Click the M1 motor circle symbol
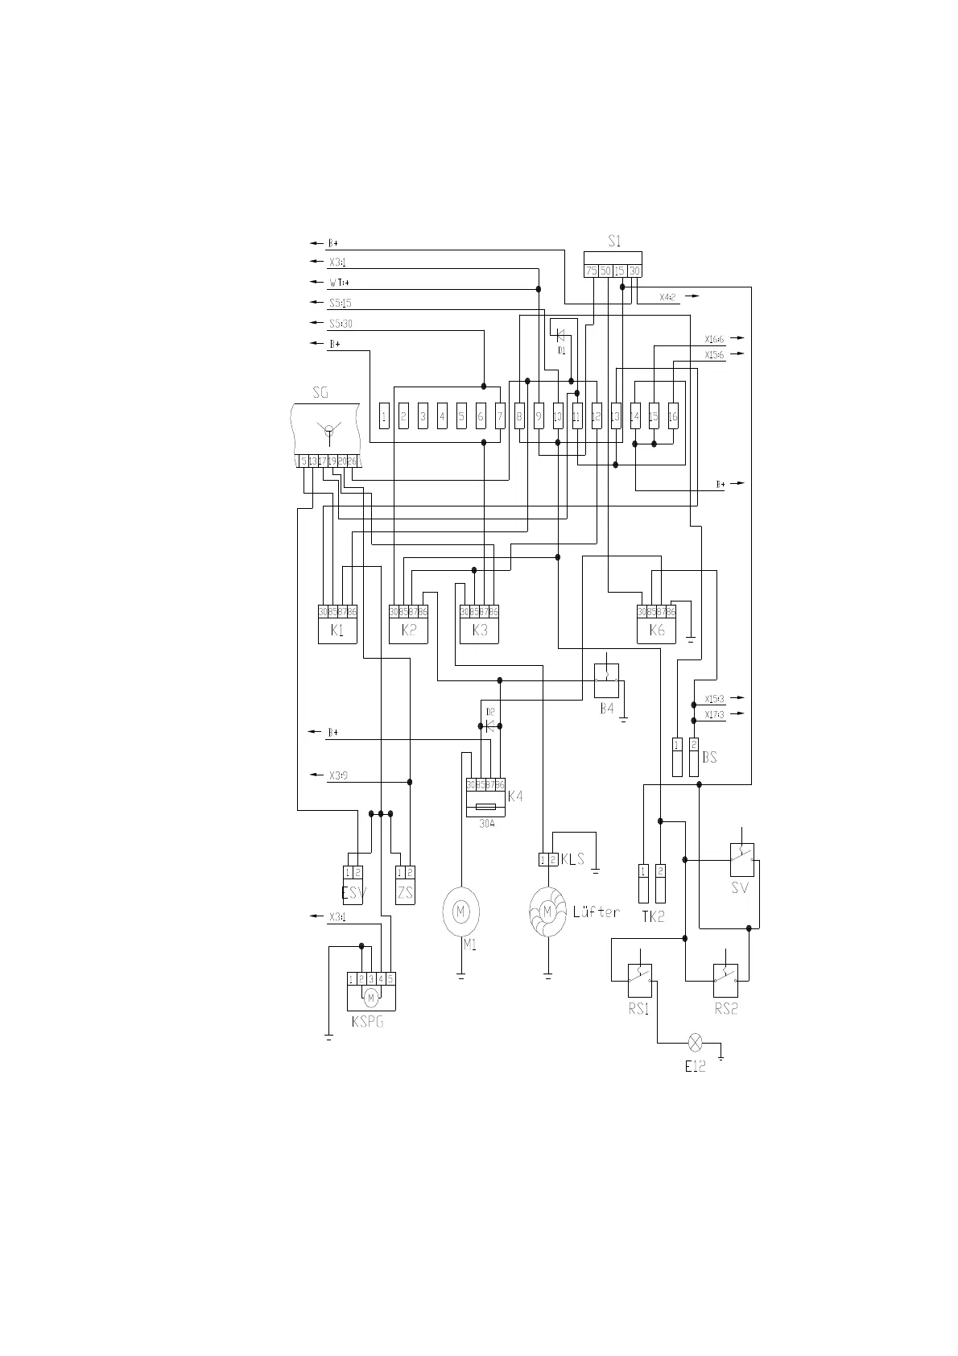click(460, 912)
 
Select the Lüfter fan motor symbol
click(547, 912)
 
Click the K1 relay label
click(337, 630)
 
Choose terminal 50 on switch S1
click(605, 271)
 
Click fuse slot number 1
click(384, 416)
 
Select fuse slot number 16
click(673, 416)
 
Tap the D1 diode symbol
click(561, 334)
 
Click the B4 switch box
click(606, 680)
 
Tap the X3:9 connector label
click(338, 776)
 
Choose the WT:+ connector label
click(339, 283)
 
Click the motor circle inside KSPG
click(370, 998)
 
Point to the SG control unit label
click(320, 393)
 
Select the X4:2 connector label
click(668, 297)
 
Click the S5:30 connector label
click(341, 324)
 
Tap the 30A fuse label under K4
click(486, 824)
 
